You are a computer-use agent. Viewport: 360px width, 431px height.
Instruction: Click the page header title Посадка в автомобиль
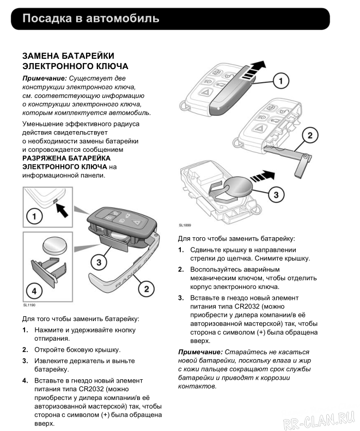coord(91,19)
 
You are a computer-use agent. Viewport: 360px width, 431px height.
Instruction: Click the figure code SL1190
coord(29,306)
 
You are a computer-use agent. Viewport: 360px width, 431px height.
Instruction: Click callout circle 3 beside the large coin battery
coord(276,194)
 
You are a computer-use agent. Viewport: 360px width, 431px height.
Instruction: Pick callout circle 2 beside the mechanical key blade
coord(309,135)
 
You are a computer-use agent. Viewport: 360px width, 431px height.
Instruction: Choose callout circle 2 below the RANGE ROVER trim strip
coord(146,288)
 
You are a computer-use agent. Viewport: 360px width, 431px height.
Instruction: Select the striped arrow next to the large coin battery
coord(262,176)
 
